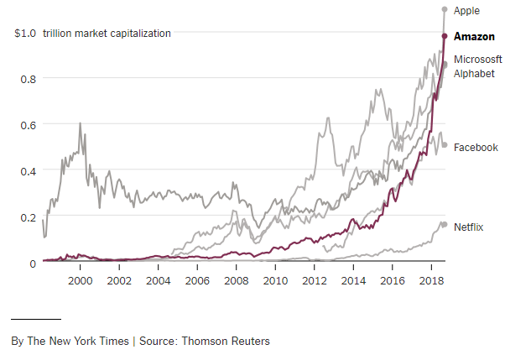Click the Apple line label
click(x=467, y=11)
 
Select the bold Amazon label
click(x=474, y=37)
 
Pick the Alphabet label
click(x=474, y=73)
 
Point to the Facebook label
click(x=476, y=148)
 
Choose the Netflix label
click(x=469, y=227)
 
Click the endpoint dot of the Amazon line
click(x=445, y=35)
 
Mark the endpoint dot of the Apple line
click(x=445, y=9)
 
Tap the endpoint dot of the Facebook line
click(x=445, y=144)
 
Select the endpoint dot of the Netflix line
click(x=444, y=225)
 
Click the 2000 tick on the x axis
click(x=80, y=279)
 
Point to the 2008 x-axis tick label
click(x=236, y=279)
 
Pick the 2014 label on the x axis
click(x=353, y=279)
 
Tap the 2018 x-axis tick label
click(x=431, y=279)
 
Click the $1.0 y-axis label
click(x=25, y=34)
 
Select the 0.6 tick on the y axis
click(x=29, y=125)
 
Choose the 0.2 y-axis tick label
click(x=29, y=217)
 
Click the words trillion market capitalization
click(x=107, y=34)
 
